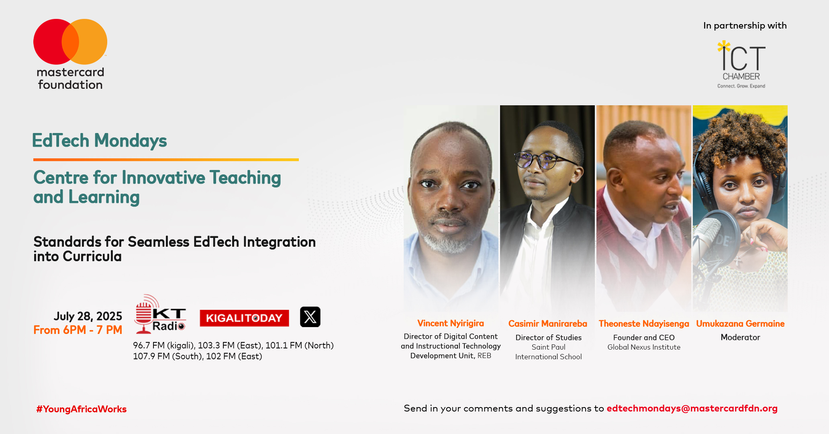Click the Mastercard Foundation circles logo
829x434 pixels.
tap(70, 42)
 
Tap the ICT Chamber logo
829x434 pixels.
tap(741, 64)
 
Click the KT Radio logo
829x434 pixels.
tap(160, 315)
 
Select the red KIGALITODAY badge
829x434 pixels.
tap(244, 318)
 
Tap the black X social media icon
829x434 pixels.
tap(310, 317)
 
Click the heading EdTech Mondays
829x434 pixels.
tap(99, 141)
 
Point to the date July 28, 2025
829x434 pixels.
tap(88, 316)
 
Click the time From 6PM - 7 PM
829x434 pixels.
tap(78, 330)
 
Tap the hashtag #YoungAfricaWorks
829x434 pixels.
tap(82, 409)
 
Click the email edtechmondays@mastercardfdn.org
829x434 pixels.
tap(692, 408)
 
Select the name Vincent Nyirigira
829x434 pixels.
tap(450, 323)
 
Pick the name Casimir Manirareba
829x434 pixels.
tap(547, 323)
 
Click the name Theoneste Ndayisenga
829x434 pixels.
tap(643, 323)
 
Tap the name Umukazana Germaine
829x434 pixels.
tap(740, 323)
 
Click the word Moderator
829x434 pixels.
tap(740, 337)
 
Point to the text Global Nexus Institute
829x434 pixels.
tap(643, 347)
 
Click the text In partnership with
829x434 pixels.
tap(745, 26)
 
